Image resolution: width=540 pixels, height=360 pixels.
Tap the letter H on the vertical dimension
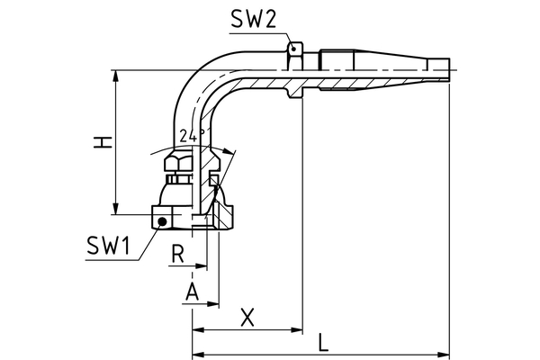(x=105, y=141)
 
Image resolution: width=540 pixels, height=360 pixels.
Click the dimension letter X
(x=248, y=316)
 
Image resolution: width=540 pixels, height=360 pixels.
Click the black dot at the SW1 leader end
(x=160, y=220)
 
